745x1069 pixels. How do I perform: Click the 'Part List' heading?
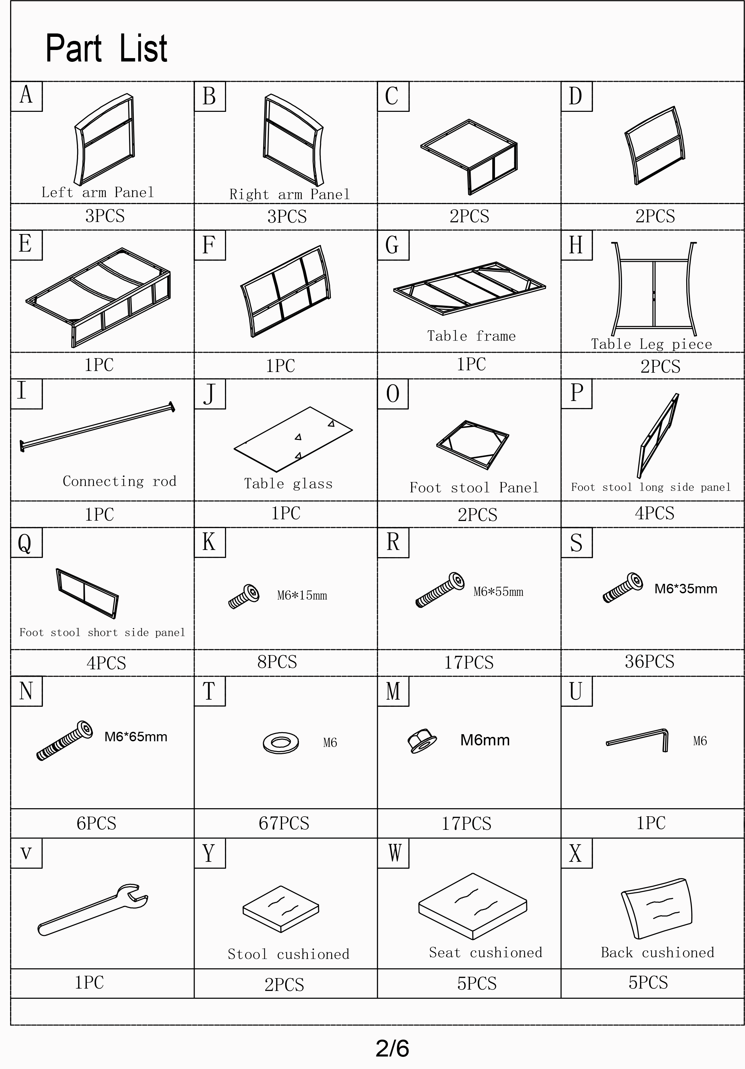click(106, 48)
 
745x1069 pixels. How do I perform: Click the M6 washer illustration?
click(280, 742)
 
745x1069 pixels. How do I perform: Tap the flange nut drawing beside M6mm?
click(422, 741)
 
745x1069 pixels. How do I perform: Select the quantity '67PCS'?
click(284, 823)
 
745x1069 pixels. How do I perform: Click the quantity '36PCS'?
click(649, 661)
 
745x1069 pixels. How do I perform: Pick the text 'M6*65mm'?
click(135, 737)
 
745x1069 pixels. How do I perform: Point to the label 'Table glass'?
click(288, 484)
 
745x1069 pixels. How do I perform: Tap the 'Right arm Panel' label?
click(289, 194)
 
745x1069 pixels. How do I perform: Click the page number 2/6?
click(392, 1048)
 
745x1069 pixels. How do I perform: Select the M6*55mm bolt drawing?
click(440, 590)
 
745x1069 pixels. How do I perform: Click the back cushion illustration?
click(656, 909)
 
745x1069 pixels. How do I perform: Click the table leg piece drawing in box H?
click(654, 289)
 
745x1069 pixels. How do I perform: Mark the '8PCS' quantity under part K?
click(277, 661)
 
